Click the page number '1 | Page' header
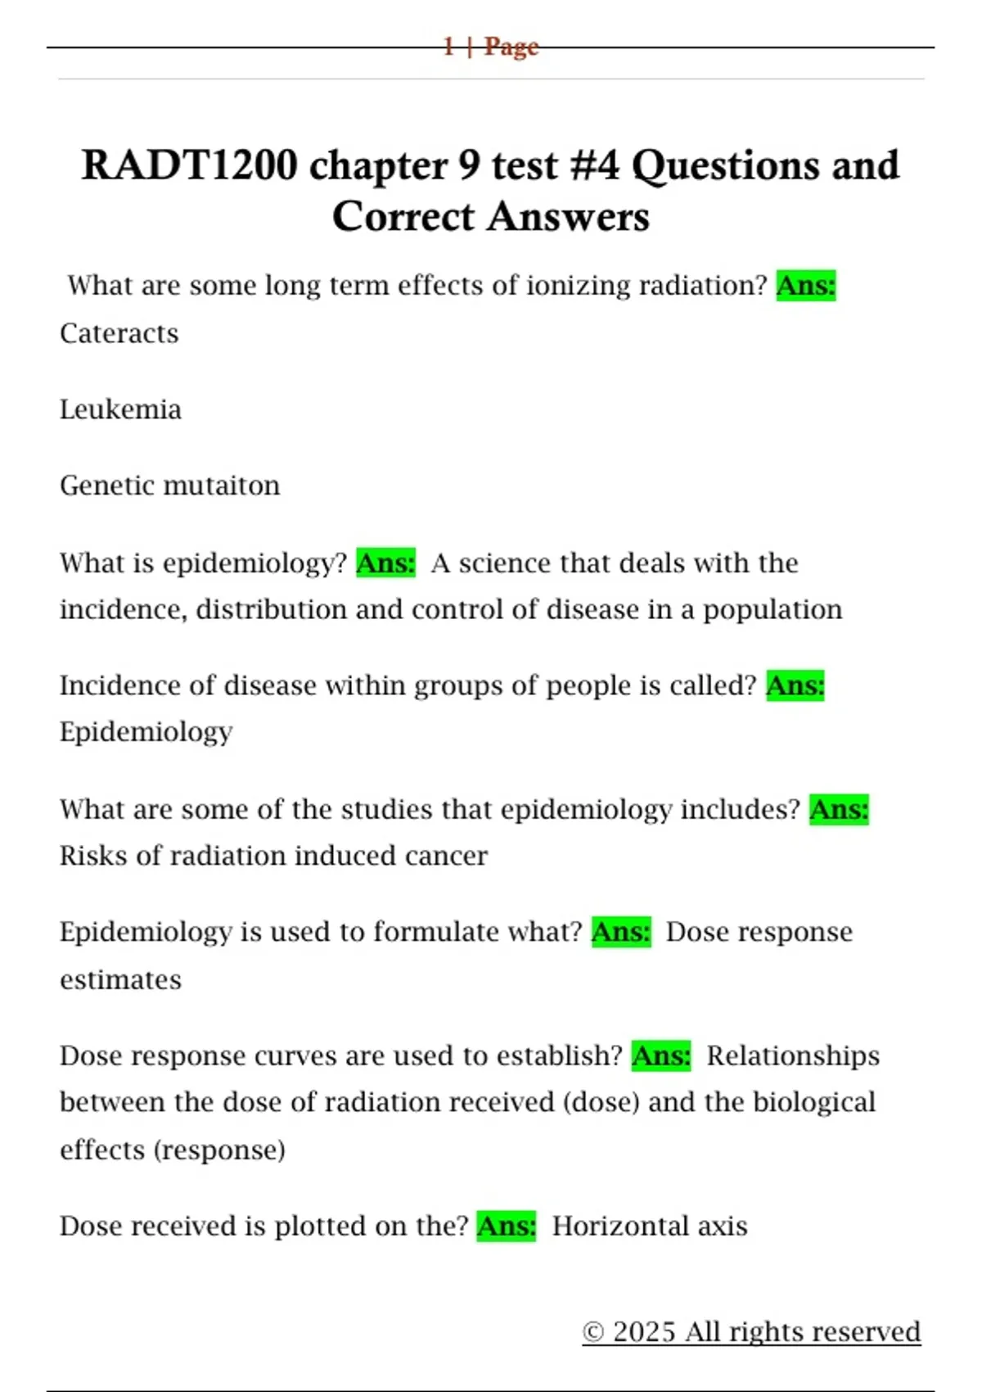[491, 46]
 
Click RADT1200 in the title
[189, 165]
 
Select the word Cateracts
[119, 333]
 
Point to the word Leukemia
[120, 409]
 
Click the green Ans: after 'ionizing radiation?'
[806, 286]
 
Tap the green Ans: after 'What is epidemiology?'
[385, 563]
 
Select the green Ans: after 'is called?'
[795, 685]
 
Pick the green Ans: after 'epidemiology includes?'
[839, 810]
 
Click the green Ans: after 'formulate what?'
[621, 932]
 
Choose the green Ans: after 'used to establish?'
[661, 1056]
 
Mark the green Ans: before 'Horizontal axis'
[507, 1227]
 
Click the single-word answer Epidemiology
[146, 732]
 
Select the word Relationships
[793, 1056]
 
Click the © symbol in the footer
[593, 1332]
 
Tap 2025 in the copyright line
[644, 1332]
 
